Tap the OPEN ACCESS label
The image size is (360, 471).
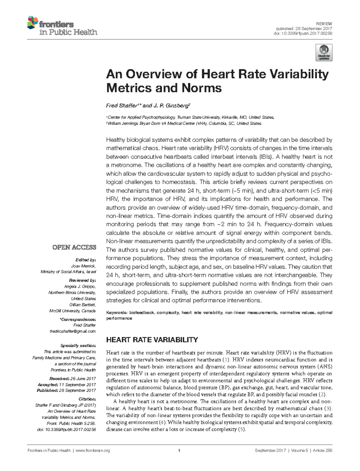74,247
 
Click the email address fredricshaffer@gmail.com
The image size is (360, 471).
73,331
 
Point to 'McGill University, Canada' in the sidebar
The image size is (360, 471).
72,311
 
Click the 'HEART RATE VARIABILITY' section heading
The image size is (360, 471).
152,340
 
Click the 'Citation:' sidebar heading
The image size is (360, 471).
87,399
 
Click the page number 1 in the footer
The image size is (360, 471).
179,451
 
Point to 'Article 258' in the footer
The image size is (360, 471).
322,451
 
